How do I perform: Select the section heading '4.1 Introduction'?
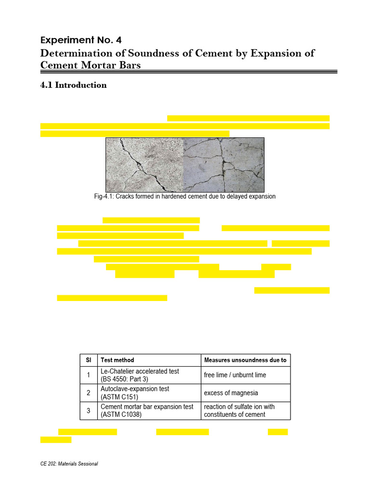pyautogui.click(x=74, y=85)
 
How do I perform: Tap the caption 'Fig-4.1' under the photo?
pyautogui.click(x=105, y=197)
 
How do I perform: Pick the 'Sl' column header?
pyautogui.click(x=88, y=360)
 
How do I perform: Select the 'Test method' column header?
pyautogui.click(x=117, y=360)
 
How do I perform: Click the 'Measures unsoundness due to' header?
pyautogui.click(x=245, y=360)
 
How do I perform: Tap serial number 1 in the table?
pyautogui.click(x=88, y=375)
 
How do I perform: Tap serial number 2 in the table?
pyautogui.click(x=88, y=393)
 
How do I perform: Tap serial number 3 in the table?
pyautogui.click(x=88, y=411)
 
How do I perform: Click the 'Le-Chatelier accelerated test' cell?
pyautogui.click(x=139, y=375)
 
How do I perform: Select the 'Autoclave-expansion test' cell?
pyautogui.click(x=134, y=393)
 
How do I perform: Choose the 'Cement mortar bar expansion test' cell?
pyautogui.click(x=146, y=411)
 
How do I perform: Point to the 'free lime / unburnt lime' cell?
pyautogui.click(x=235, y=375)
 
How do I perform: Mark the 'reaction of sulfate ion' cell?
pyautogui.click(x=239, y=411)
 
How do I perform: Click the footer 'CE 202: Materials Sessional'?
pyautogui.click(x=69, y=464)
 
